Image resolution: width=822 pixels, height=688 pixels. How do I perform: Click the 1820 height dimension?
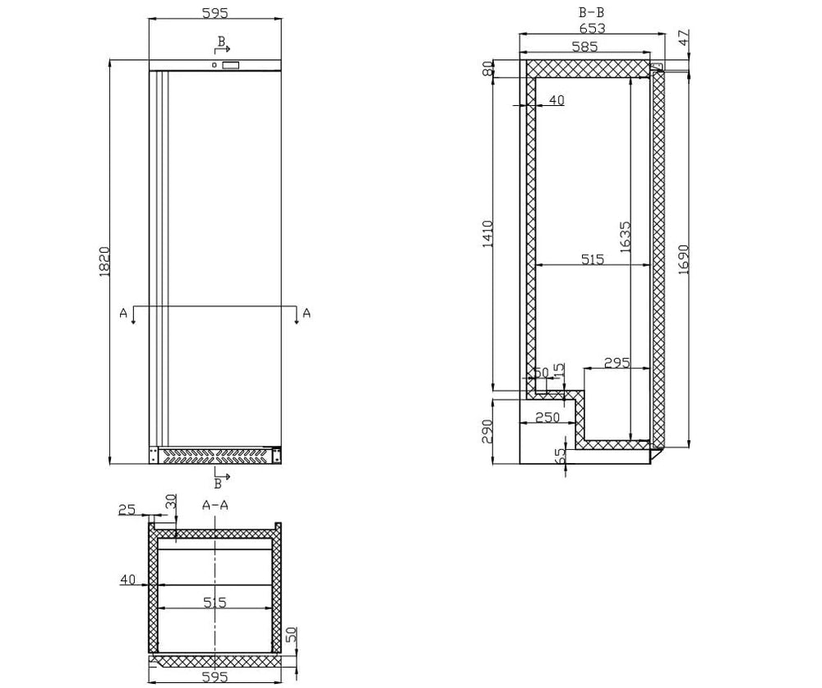click(104, 262)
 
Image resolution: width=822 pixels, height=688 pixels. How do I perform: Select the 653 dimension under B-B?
click(593, 28)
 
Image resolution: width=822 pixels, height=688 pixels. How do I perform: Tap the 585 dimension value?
click(584, 47)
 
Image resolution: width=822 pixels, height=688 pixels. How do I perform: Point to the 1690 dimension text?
click(683, 259)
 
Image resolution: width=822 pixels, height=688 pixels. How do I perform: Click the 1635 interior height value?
click(626, 237)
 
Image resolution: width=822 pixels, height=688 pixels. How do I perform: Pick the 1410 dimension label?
click(487, 234)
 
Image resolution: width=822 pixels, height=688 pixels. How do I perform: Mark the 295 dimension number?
click(617, 362)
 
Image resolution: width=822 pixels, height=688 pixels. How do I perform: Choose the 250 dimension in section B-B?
click(547, 417)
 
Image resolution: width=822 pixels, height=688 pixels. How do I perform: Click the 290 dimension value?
click(487, 431)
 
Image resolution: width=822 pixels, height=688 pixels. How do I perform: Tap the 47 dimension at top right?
click(684, 37)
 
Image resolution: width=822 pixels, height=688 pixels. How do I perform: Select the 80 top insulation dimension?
click(487, 69)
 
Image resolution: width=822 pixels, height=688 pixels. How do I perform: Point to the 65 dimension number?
click(560, 455)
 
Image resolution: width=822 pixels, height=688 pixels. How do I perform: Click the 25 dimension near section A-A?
click(127, 509)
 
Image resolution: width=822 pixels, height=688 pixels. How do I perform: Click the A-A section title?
click(215, 505)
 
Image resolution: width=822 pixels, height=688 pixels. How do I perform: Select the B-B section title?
click(591, 12)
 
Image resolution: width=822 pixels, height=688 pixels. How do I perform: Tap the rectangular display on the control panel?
click(231, 65)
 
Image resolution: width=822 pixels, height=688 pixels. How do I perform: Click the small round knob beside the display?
click(215, 65)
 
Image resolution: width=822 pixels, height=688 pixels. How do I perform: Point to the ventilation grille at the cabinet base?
click(215, 455)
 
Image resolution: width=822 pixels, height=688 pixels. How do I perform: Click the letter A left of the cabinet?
click(124, 313)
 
